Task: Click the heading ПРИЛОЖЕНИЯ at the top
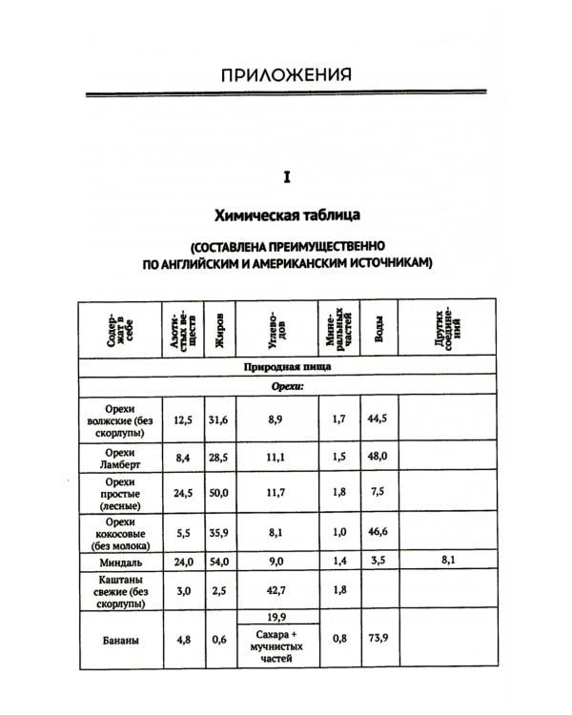click(286, 74)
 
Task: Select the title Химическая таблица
click(286, 213)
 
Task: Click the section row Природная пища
click(286, 367)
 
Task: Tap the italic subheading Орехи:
click(286, 387)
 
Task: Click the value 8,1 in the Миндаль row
click(449, 562)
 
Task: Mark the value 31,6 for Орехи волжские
click(220, 418)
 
